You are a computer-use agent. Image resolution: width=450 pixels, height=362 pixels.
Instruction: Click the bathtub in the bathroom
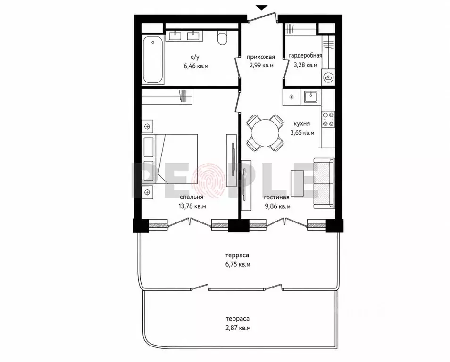(153, 60)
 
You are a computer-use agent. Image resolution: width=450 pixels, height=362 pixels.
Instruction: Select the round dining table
(265, 132)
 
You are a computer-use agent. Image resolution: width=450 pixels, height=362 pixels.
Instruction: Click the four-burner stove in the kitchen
(328, 119)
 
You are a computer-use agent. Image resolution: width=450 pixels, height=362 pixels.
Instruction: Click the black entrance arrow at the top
(261, 8)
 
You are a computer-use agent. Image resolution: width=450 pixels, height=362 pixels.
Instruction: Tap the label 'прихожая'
(261, 57)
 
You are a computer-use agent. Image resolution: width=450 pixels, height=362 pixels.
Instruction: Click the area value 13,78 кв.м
(192, 206)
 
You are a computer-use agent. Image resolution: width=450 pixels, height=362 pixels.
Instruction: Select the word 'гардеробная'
(305, 56)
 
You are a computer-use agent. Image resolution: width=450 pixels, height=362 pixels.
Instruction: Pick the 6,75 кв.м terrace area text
(237, 264)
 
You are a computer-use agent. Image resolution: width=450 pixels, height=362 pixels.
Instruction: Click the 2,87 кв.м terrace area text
(238, 328)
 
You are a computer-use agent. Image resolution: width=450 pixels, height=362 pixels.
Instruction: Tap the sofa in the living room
(324, 183)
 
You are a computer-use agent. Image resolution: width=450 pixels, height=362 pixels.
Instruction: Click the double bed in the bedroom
(170, 159)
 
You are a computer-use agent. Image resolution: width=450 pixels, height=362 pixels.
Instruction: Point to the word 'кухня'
(301, 124)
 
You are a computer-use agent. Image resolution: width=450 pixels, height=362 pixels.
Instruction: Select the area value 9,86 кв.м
(277, 206)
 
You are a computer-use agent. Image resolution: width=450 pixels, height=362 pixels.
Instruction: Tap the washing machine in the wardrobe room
(328, 76)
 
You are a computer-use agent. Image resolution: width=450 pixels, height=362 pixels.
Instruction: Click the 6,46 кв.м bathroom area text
(196, 66)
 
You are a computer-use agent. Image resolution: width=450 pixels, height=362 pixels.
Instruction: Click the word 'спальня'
(192, 197)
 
